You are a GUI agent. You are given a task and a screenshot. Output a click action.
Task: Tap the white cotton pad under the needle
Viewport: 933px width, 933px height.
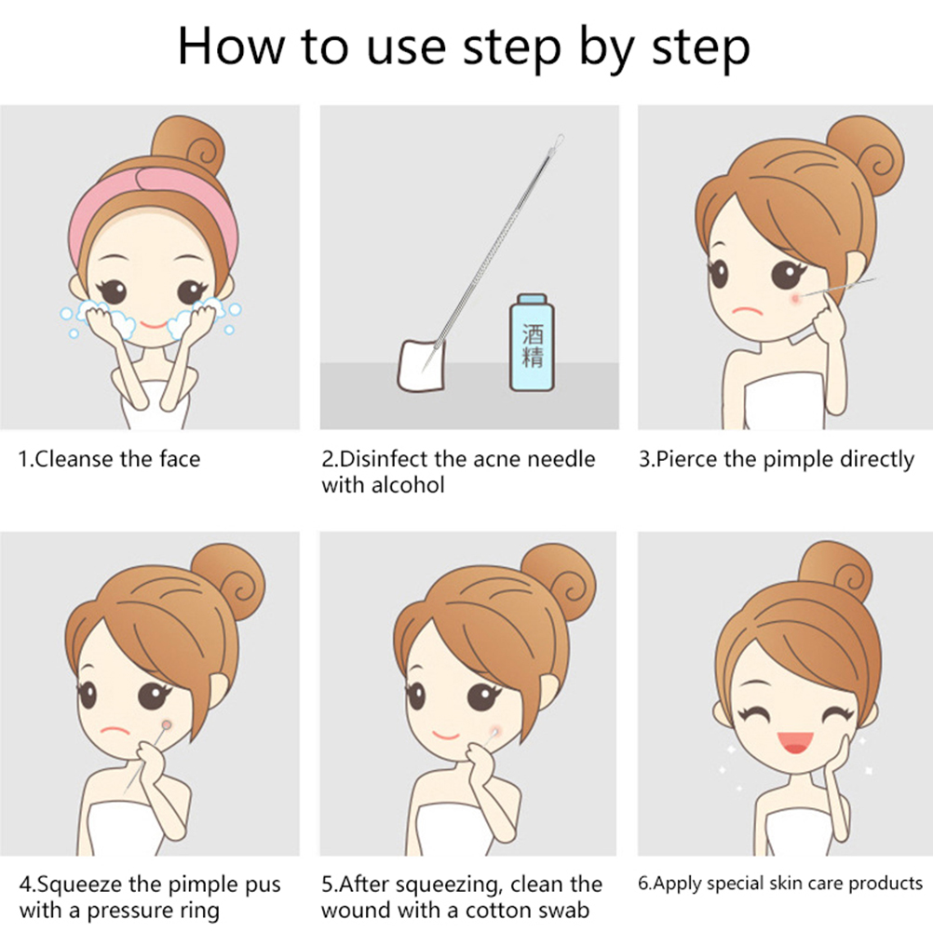421,365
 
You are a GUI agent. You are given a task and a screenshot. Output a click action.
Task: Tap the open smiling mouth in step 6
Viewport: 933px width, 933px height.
794,741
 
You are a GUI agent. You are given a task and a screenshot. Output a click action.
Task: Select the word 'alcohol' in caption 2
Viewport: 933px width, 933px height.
408,485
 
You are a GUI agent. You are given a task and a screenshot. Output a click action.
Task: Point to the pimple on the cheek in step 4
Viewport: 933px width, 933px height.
167,724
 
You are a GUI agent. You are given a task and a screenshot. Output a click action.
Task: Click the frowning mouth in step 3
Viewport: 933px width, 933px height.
748,311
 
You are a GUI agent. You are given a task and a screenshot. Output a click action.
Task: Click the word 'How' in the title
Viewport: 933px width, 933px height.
232,47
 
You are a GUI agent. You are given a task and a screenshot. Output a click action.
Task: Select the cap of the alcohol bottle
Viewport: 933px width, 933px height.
532,299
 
